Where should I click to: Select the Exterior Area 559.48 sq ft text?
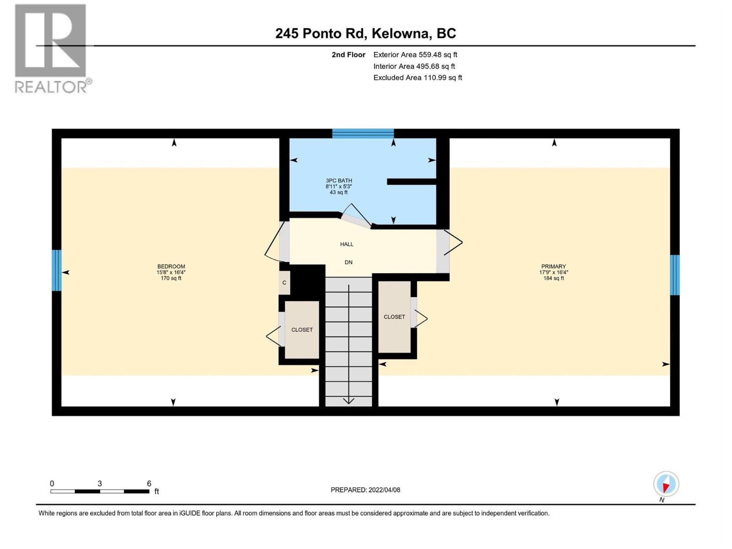coord(415,54)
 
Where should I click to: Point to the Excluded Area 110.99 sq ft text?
coord(417,78)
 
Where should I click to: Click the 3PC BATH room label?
coord(339,181)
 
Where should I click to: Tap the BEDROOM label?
coord(171,267)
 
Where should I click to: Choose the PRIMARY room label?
coord(553,267)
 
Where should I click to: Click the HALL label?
coord(346,244)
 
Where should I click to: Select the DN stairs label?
coord(348,263)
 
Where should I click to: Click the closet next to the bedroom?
coord(302,330)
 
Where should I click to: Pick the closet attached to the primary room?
coord(394,317)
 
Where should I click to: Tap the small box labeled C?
coord(284,283)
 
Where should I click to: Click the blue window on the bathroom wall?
coord(363,133)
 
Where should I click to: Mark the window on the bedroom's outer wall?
coord(56,270)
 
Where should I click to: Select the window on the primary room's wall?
coord(674,275)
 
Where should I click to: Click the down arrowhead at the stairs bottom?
coord(349,401)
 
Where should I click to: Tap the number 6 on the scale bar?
coord(149,483)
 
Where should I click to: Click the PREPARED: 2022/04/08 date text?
coord(365,490)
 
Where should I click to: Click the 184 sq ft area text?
coord(553,278)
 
